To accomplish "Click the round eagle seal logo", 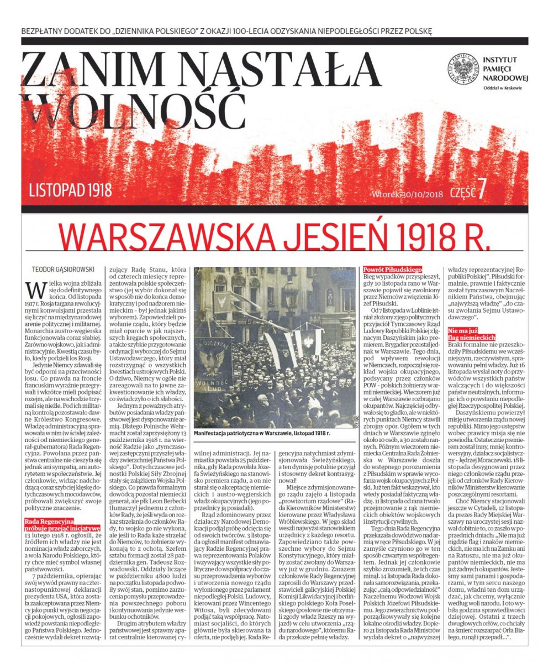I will pos(462,69).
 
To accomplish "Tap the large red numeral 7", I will pos(481,190).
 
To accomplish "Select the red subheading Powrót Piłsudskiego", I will pos(392,269).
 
